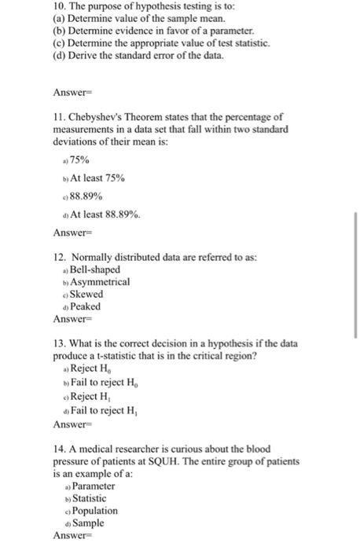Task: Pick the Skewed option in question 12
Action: coord(87,294)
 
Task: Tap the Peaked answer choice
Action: coord(86,306)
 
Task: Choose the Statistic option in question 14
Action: coord(90,498)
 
